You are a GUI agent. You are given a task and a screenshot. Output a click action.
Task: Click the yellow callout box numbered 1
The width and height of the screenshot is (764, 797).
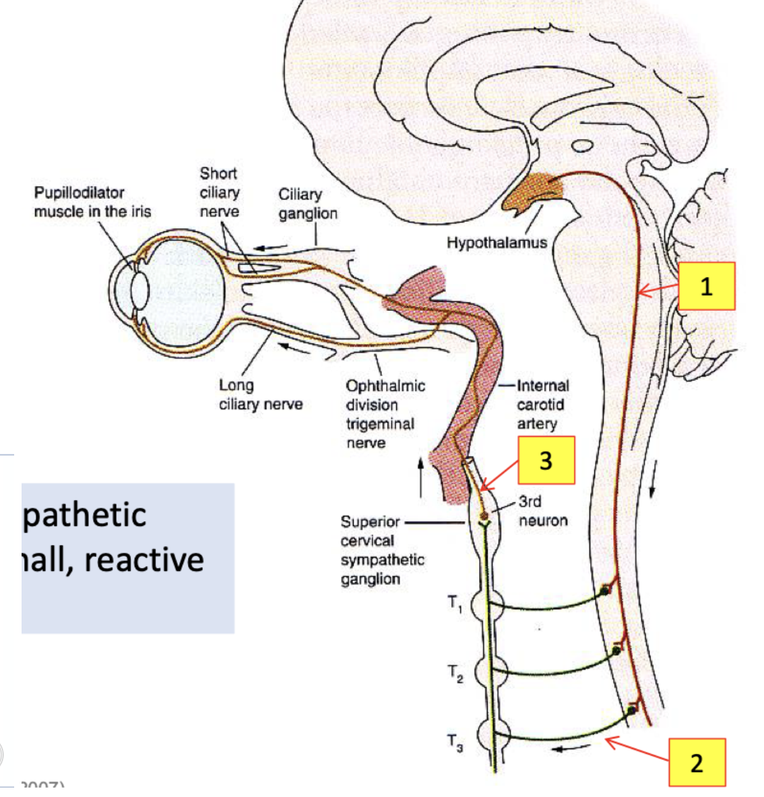coord(705,287)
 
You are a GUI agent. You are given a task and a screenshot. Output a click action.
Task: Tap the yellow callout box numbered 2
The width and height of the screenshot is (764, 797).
coord(697,762)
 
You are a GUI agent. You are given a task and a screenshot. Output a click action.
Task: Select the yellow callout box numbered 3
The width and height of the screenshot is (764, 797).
coord(546,460)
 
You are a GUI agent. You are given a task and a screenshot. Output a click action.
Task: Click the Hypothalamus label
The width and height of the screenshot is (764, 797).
coord(497,242)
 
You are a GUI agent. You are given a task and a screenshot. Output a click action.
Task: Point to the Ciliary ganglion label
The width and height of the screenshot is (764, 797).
coord(308,204)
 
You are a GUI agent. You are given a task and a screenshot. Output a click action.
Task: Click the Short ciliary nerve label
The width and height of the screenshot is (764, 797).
coord(219,192)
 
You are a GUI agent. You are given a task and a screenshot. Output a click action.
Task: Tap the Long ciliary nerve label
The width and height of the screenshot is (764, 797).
coord(261,394)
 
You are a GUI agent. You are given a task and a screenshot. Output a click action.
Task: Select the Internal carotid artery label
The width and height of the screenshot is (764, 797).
coord(543,405)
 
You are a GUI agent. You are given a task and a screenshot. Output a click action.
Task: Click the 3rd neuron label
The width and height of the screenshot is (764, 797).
coord(543,511)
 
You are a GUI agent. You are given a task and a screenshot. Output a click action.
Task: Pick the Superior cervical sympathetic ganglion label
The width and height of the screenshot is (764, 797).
coord(382,550)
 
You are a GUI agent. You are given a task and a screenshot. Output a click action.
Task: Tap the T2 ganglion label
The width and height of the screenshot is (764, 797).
coord(455,673)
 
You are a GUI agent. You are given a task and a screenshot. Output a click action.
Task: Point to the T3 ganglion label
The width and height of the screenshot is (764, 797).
coord(455,742)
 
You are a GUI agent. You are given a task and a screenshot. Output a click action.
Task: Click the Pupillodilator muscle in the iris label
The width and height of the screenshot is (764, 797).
coord(92,202)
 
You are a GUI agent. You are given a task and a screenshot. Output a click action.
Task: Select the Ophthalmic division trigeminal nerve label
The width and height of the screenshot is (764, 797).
coord(385,414)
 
